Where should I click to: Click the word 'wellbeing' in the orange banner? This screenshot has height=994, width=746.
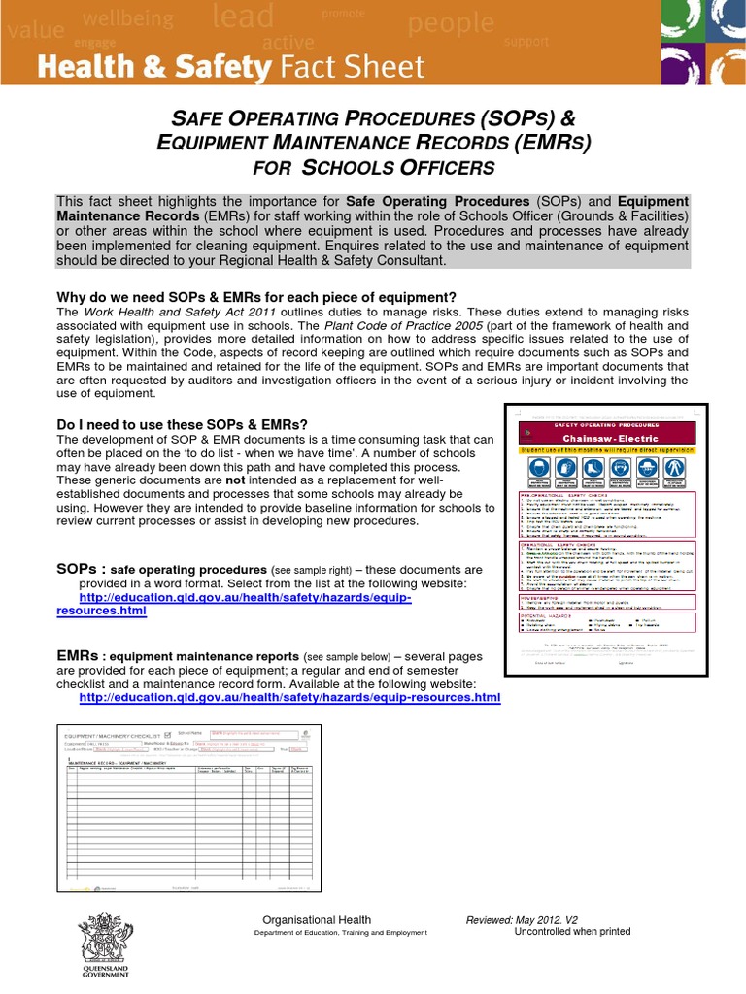coord(128,18)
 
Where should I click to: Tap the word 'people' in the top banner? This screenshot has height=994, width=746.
coord(452,22)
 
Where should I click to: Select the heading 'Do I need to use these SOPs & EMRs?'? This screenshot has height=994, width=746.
coord(182,424)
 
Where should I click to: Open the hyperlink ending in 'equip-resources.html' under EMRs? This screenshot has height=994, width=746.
coord(288,697)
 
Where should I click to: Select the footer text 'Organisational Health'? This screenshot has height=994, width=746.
coord(317,920)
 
